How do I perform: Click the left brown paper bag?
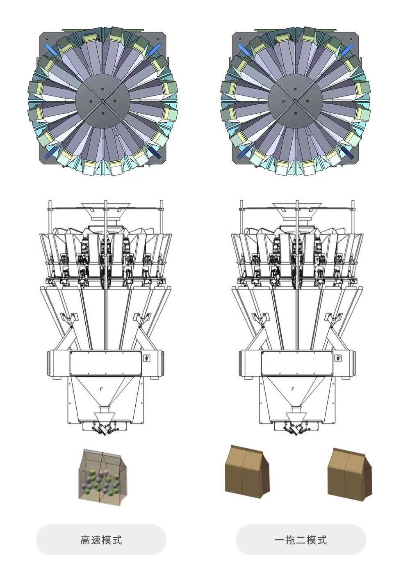[x=247, y=468]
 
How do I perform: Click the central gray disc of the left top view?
[x=102, y=101]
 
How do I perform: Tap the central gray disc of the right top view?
[x=295, y=101]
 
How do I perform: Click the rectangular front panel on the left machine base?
[x=105, y=363]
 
